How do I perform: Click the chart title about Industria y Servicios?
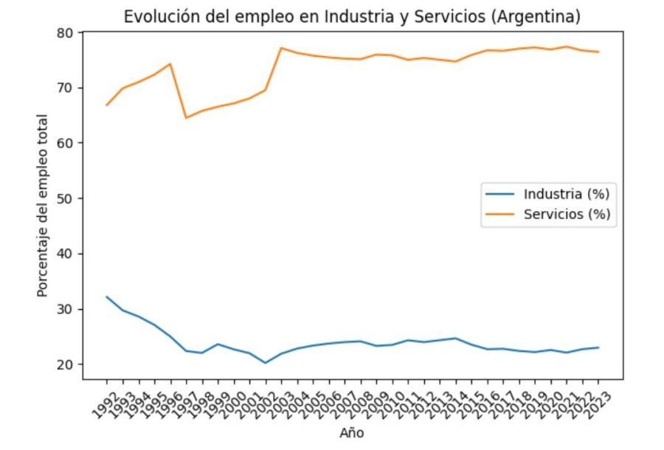pos(352,16)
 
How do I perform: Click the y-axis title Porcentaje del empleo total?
pos(44,205)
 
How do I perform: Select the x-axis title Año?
pos(352,433)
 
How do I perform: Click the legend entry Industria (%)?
pos(566,195)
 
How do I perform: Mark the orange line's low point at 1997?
pos(186,118)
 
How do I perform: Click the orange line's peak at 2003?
pos(281,48)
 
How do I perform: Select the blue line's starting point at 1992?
pos(106,297)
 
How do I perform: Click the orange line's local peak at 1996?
pos(170,63)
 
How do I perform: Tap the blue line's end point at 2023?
pos(598,347)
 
